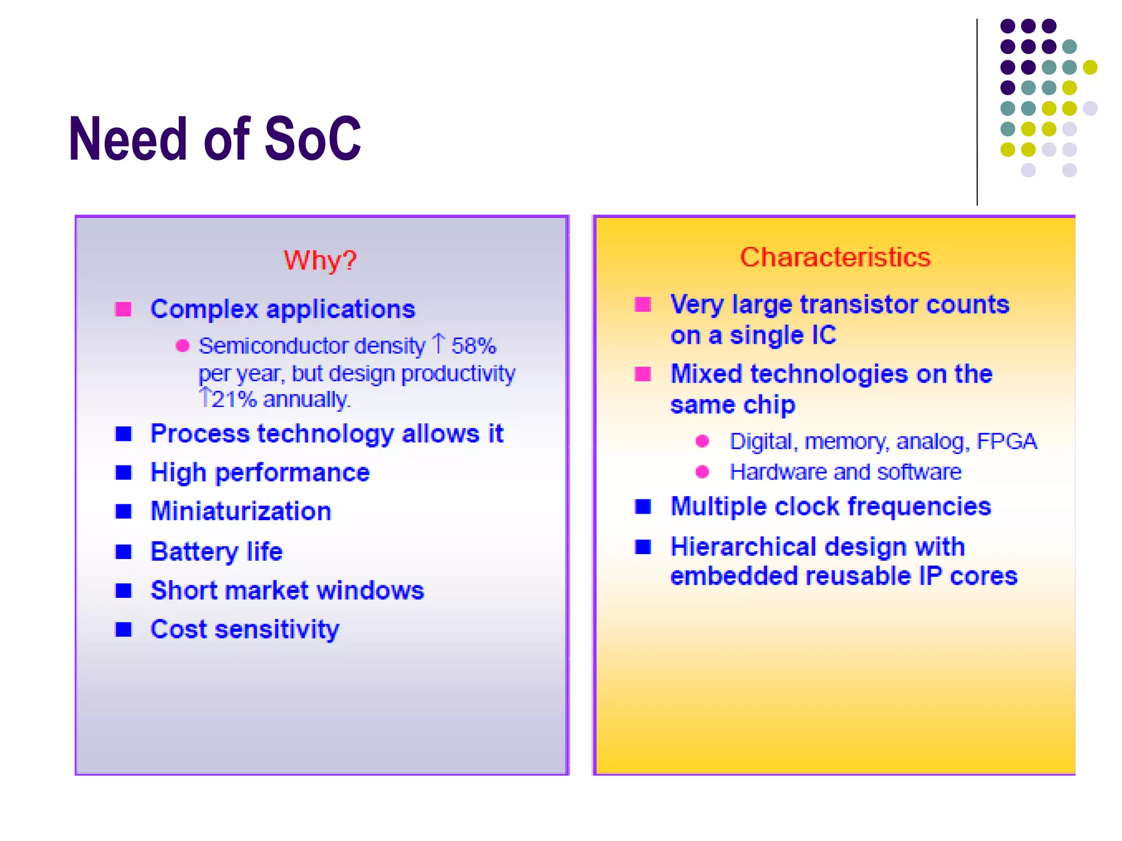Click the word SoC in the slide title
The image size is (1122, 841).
(313, 139)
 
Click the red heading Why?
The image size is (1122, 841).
(320, 260)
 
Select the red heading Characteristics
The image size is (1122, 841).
(835, 257)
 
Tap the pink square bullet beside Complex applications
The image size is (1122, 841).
(123, 309)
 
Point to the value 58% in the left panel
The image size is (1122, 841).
(473, 346)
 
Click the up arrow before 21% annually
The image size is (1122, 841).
(205, 398)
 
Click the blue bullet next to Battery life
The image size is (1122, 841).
(123, 551)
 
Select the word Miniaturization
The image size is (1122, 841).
(241, 511)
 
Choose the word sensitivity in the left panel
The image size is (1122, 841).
(277, 630)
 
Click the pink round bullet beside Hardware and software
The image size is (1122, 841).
(702, 472)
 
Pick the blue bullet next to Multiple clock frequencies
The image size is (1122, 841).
(643, 506)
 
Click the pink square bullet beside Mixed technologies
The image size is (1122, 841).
(643, 374)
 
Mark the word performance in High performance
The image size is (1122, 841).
(293, 473)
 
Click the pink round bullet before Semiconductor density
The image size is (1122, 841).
(182, 346)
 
